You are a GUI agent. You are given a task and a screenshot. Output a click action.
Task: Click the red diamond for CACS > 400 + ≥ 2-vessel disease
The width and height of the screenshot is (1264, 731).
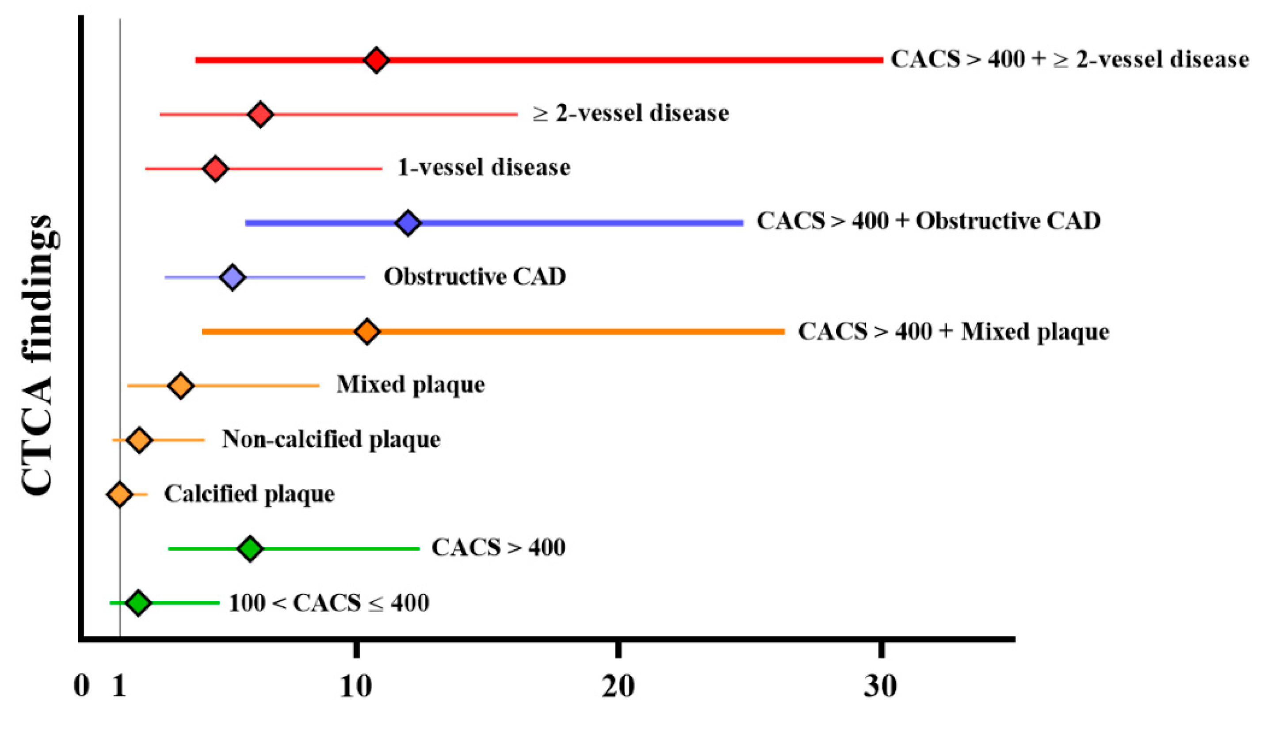376,60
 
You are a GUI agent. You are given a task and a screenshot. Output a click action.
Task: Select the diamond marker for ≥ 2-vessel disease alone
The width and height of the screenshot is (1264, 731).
260,114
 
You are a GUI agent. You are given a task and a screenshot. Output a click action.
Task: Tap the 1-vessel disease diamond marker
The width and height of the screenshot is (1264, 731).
216,168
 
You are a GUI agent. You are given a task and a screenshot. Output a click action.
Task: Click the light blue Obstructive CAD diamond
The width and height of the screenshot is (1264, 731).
232,277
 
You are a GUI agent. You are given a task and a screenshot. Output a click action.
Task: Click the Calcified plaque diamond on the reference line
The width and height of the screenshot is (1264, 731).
119,495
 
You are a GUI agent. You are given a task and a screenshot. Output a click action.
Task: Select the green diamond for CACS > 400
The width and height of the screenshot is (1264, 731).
250,548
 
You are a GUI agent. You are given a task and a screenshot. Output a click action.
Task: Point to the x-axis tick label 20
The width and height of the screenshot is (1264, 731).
618,686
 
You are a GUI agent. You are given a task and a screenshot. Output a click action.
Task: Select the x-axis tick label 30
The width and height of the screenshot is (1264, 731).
880,686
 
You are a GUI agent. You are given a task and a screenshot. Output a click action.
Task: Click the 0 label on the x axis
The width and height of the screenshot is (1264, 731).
82,686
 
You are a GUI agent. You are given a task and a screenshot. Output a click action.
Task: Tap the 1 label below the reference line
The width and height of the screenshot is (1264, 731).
119,686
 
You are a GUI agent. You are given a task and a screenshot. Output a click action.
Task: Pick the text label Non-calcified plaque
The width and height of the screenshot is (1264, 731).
331,439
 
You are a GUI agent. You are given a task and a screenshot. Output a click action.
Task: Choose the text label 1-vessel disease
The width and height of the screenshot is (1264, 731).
484,167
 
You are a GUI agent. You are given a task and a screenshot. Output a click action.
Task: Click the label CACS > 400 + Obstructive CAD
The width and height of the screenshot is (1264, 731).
928,221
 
